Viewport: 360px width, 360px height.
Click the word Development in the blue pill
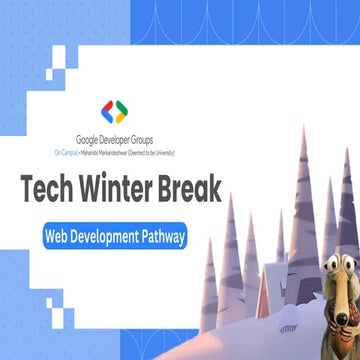110,237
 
